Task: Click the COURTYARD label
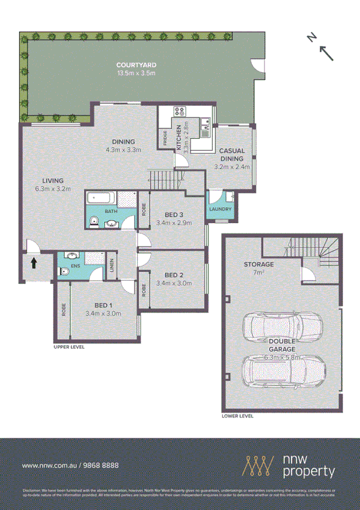point(136,65)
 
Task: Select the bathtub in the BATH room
point(102,199)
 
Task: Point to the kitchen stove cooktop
point(178,111)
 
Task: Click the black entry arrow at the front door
point(34,263)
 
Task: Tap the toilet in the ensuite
point(64,272)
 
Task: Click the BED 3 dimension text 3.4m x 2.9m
point(173,223)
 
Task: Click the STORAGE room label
point(258,264)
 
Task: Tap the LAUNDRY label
point(220,209)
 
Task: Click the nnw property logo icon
point(258,465)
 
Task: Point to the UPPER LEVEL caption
point(69,347)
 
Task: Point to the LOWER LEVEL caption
point(237,416)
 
